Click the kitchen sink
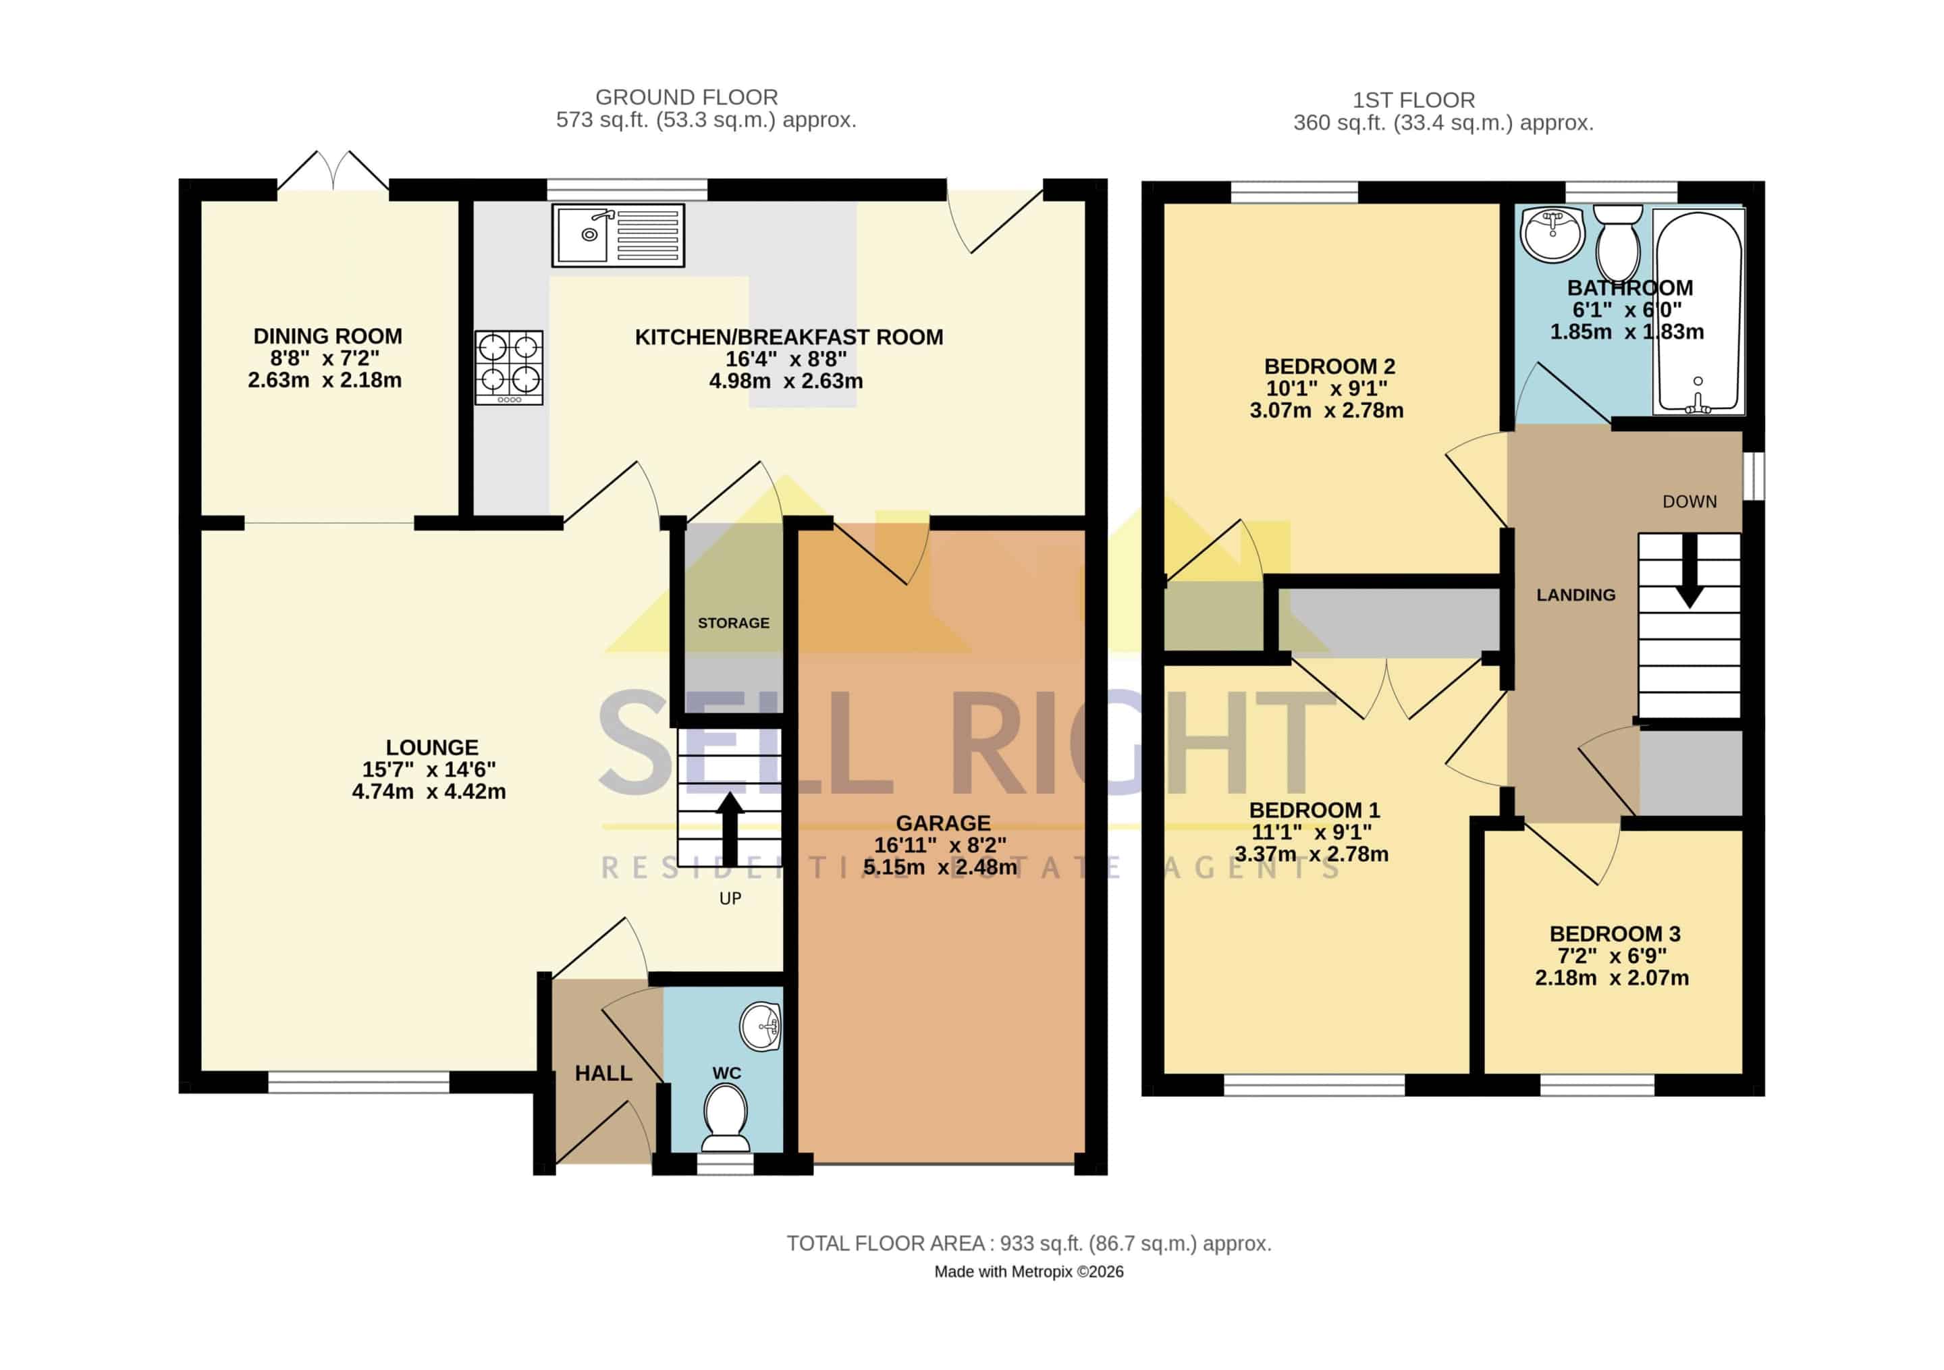[618, 235]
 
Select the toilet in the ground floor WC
[726, 1118]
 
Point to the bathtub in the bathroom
[1698, 312]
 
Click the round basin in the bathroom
[1552, 235]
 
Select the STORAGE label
[733, 623]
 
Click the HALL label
[603, 1074]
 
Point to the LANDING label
[1575, 595]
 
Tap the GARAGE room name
[943, 823]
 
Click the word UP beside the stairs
[730, 898]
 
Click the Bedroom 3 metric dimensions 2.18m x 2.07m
[1612, 978]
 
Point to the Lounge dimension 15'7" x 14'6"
[429, 769]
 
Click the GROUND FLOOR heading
[686, 97]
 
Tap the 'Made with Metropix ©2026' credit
[1029, 1271]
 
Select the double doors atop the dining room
[333, 170]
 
